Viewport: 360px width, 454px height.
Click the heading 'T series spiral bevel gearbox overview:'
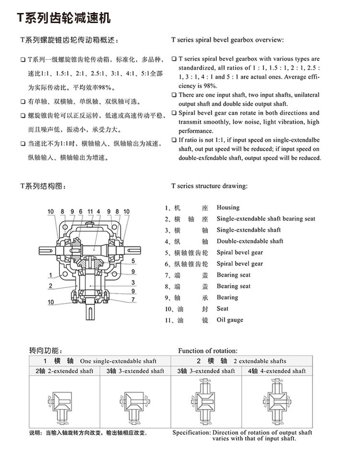pos(227,39)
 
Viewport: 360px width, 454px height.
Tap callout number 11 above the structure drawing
pos(90,211)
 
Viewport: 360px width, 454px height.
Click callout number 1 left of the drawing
pos(50,275)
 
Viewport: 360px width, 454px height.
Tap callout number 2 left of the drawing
pos(50,286)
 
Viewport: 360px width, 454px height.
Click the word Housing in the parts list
pos(228,208)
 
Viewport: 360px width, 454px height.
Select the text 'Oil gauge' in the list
pos(230,320)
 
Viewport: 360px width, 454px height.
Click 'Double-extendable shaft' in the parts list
pos(250,241)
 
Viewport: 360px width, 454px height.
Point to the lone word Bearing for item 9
pos(228,297)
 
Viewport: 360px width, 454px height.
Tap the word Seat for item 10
pos(223,309)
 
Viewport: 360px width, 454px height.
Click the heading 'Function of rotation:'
pos(208,351)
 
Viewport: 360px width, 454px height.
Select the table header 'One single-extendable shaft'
pos(118,361)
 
